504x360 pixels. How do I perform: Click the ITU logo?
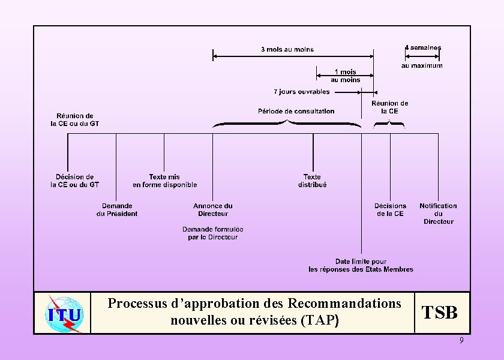coord(62,313)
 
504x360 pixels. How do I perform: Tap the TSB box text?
coord(440,313)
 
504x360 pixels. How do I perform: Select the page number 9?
coord(461,341)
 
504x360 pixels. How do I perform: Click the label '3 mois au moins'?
coord(287,49)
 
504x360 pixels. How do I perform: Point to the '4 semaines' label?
coord(423,47)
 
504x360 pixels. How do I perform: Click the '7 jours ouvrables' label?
coord(302,92)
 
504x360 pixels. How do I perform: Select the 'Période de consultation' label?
coord(296,111)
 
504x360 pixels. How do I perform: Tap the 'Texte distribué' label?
coord(312,181)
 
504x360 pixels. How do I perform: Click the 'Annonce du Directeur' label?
coord(213,209)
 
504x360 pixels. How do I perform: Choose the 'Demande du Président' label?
coord(117,209)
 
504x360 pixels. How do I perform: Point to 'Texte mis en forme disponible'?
coord(164,181)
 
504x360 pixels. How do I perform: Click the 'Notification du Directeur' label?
coord(439,214)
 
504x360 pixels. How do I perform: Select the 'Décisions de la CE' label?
coord(391,209)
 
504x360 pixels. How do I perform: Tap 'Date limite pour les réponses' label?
coord(361,265)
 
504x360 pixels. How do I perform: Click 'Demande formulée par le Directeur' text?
coord(213,233)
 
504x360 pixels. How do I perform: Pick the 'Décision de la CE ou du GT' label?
coord(74,181)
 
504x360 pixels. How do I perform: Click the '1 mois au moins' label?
coord(346,76)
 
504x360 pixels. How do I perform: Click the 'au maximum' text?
coord(422,65)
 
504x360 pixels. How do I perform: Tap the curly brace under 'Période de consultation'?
coord(287,124)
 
